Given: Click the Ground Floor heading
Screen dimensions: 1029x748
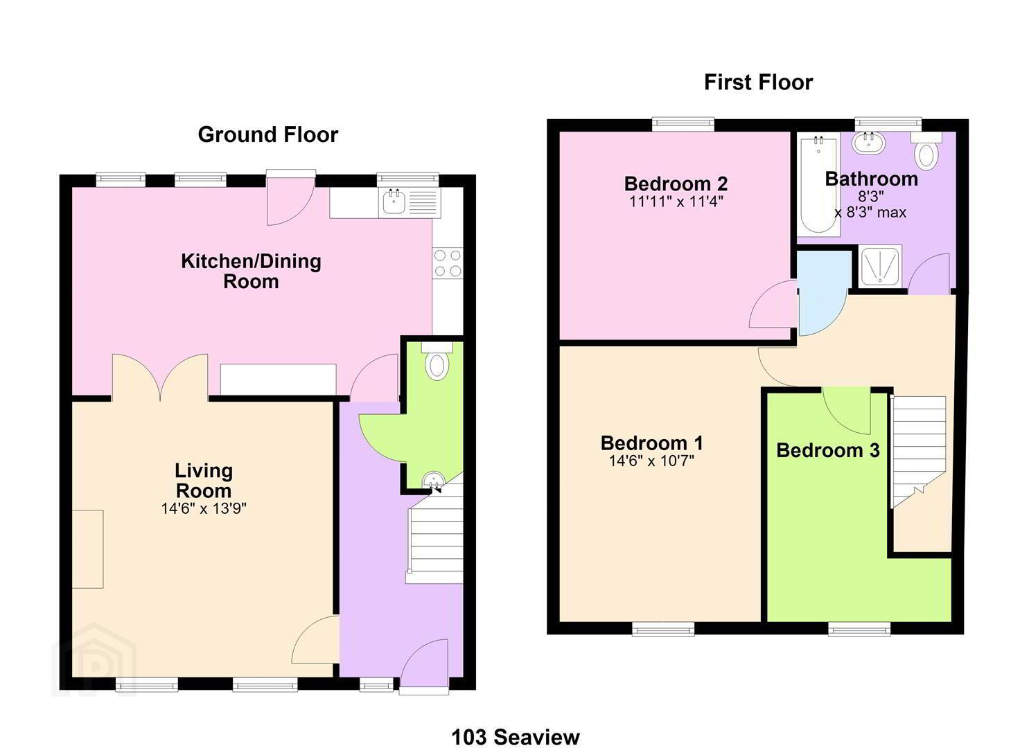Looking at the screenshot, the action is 267,134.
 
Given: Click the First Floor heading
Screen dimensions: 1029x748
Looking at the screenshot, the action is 759,82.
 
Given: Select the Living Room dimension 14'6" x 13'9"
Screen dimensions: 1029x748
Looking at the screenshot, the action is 204,508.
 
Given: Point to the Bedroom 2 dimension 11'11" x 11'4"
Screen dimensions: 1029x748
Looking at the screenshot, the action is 676,201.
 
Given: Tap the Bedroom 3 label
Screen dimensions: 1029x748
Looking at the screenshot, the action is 828,450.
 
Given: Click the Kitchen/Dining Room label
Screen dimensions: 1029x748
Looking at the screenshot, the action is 251,271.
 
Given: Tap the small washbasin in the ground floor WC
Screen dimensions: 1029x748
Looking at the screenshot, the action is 433,480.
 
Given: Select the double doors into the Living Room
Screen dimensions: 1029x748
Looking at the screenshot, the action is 160,377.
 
